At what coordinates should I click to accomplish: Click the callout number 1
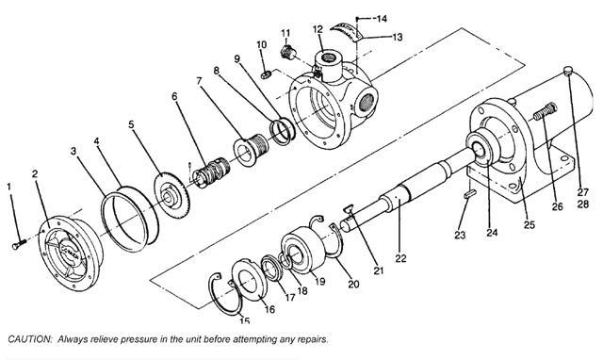tap(9, 187)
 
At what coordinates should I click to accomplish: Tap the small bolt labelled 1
tap(19, 244)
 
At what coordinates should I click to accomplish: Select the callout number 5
tap(132, 124)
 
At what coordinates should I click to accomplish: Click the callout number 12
tap(318, 29)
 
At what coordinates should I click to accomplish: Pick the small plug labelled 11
tap(286, 52)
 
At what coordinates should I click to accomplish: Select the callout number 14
tap(382, 18)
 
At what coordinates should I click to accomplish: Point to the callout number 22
tap(400, 258)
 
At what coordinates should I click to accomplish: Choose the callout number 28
tap(583, 204)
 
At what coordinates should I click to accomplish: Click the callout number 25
tap(530, 224)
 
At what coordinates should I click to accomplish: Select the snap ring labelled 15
tap(225, 293)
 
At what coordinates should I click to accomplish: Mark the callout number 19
tap(320, 281)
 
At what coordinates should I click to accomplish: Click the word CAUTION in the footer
tap(30, 339)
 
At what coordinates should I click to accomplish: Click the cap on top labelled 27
tap(568, 71)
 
